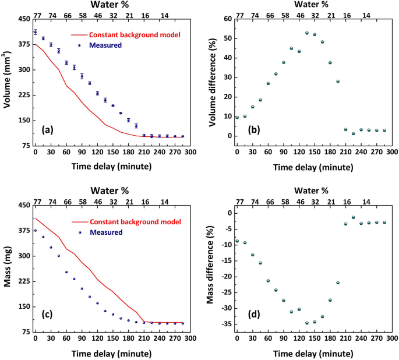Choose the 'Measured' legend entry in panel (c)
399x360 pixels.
[105, 232]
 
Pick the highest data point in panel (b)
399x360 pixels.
[307, 33]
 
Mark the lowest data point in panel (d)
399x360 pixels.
[307, 323]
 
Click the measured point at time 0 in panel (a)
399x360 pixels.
[35, 32]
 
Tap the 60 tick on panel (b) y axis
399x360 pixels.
[226, 19]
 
